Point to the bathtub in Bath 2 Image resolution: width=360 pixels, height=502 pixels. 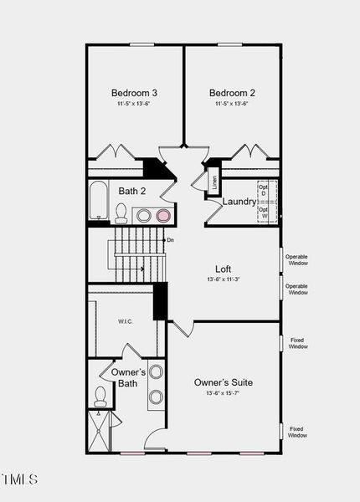[x=98, y=202]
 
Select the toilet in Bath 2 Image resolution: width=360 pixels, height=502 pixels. [x=121, y=216]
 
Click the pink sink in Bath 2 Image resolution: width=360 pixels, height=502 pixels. [x=163, y=216]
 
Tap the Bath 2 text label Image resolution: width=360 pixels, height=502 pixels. [x=132, y=192]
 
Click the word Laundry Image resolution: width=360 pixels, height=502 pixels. [x=239, y=202]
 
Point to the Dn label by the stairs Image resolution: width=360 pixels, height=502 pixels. [x=170, y=241]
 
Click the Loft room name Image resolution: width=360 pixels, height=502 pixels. [x=223, y=269]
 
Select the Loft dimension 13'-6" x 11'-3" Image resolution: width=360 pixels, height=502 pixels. [x=223, y=279]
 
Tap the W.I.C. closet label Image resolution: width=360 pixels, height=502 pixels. [x=125, y=321]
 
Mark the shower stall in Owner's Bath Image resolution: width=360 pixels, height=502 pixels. [x=100, y=432]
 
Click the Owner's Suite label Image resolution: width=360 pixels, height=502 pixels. [x=224, y=382]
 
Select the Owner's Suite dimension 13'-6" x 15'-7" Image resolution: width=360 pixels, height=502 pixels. [x=224, y=393]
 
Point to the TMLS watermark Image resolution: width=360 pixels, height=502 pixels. [x=20, y=479]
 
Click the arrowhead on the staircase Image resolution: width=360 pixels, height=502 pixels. [x=142, y=269]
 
